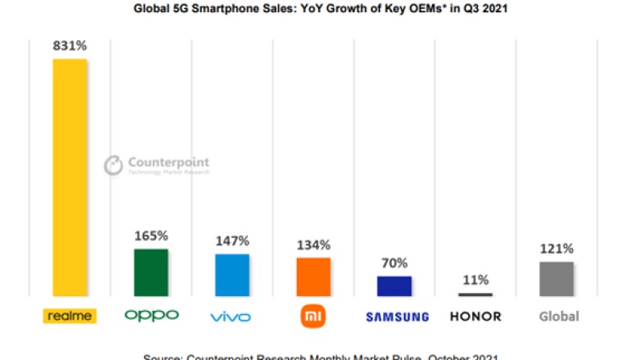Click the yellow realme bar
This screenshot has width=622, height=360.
pyautogui.click(x=70, y=177)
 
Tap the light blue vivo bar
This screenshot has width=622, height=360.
pyautogui.click(x=232, y=274)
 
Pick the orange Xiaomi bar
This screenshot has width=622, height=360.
pyautogui.click(x=313, y=277)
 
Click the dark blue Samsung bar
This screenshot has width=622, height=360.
pyautogui.click(x=394, y=286)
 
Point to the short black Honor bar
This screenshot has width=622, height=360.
pyautogui.click(x=475, y=294)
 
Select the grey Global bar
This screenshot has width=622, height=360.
pyautogui.click(x=556, y=278)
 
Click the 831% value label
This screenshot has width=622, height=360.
pyautogui.click(x=70, y=46)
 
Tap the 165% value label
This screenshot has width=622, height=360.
pyautogui.click(x=151, y=236)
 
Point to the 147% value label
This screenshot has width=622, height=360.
pyautogui.click(x=232, y=241)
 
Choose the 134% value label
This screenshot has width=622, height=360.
pyautogui.click(x=313, y=245)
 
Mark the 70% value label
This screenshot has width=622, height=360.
pyautogui.click(x=394, y=263)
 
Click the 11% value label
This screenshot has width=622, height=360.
pyautogui.click(x=475, y=280)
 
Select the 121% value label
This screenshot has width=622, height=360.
pyautogui.click(x=556, y=249)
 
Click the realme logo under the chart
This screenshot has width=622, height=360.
pyautogui.click(x=70, y=316)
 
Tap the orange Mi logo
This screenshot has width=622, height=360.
pyautogui.click(x=313, y=316)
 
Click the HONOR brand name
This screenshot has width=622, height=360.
pyautogui.click(x=475, y=317)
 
